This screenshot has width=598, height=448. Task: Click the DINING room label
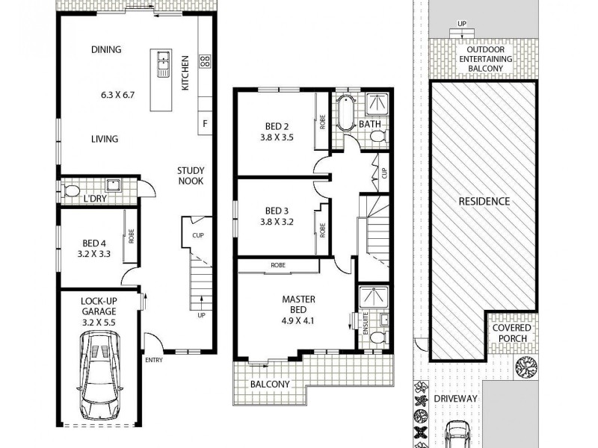[106, 50]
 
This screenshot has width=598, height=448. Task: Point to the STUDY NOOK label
[191, 175]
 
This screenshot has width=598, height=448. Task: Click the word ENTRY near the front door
[154, 360]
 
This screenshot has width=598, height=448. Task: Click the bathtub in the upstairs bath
[345, 113]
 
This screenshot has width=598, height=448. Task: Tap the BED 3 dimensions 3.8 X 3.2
[277, 222]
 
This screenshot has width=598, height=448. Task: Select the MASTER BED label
[298, 305]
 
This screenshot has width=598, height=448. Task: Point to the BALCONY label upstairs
[270, 385]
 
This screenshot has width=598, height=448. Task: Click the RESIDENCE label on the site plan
[484, 202]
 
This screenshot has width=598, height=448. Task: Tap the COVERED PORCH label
[512, 333]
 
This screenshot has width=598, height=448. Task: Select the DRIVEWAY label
[456, 399]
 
